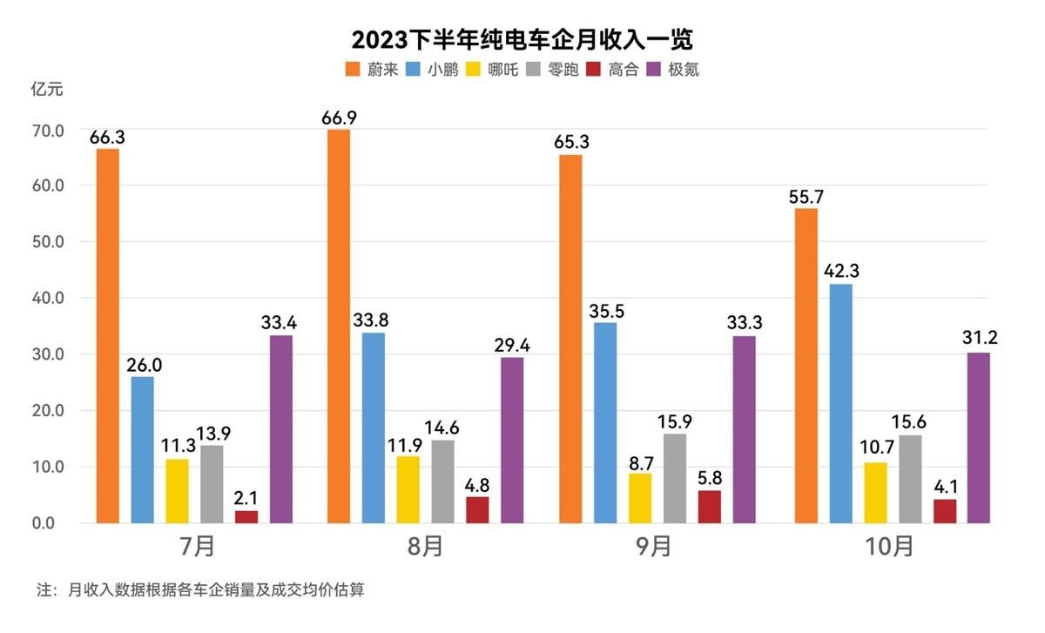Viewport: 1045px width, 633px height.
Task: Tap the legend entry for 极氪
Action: pos(674,70)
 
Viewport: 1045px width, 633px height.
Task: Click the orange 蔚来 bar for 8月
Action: pos(339,327)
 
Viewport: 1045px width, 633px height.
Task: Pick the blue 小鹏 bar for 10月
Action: pos(841,403)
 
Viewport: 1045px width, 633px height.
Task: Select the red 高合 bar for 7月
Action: pos(246,517)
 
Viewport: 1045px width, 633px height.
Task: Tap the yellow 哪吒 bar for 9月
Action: pos(639,498)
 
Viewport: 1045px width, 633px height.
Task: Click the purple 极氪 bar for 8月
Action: pos(512,440)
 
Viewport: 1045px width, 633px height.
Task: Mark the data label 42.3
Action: pos(841,270)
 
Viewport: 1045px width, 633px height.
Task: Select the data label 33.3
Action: pos(744,322)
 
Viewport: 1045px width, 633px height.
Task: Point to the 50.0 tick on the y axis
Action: pos(49,241)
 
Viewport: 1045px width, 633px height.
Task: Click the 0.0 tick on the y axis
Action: pos(49,523)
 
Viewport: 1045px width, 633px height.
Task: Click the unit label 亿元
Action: pos(47,89)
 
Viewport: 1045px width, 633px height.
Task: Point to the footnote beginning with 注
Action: pos(200,590)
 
